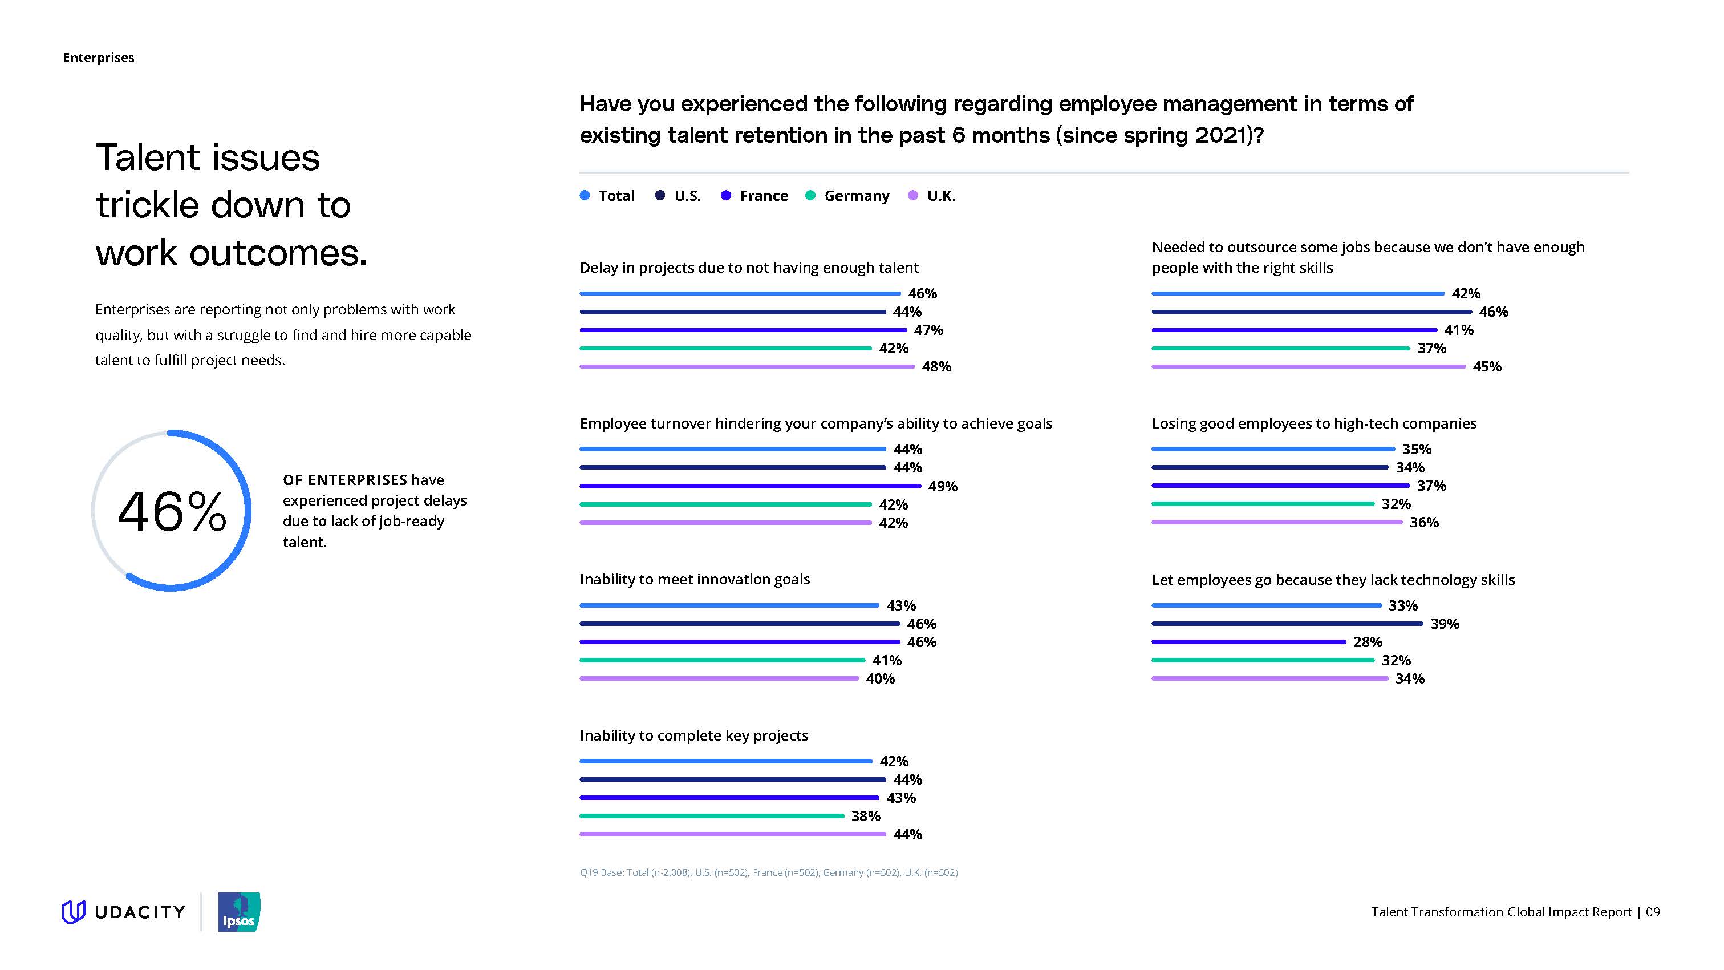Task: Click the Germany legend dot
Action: [810, 196]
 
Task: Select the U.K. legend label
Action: [941, 196]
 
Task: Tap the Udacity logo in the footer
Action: [124, 912]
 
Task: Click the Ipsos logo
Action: [239, 912]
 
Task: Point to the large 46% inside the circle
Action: [172, 512]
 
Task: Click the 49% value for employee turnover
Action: [942, 487]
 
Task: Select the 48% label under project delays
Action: [936, 367]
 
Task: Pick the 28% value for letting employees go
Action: [1368, 642]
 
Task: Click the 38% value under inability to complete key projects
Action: [865, 817]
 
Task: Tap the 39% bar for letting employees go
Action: [1287, 624]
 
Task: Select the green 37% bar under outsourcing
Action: [1280, 348]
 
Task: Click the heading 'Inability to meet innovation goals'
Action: [694, 580]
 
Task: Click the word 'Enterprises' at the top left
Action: [99, 58]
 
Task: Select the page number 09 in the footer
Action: [1652, 912]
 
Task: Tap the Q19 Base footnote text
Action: [768, 873]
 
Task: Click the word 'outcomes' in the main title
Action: [277, 253]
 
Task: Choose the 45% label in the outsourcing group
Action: [1486, 367]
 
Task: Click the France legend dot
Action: [725, 196]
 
